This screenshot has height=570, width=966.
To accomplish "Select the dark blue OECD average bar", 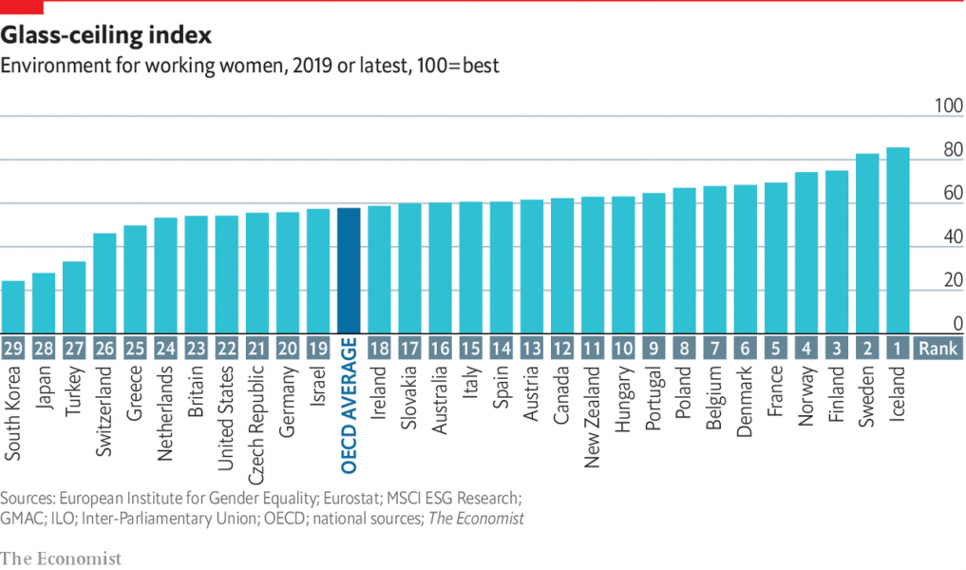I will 349,270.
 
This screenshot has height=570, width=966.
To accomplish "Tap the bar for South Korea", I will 13,306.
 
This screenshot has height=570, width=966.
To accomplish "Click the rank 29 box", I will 13,349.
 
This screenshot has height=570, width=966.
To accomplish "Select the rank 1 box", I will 898,349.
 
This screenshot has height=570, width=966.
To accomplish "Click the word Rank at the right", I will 938,349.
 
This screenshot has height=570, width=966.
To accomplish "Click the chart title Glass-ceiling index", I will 105,36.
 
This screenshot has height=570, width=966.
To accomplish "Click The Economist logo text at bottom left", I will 62,559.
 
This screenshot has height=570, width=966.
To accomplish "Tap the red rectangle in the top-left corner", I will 22,8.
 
